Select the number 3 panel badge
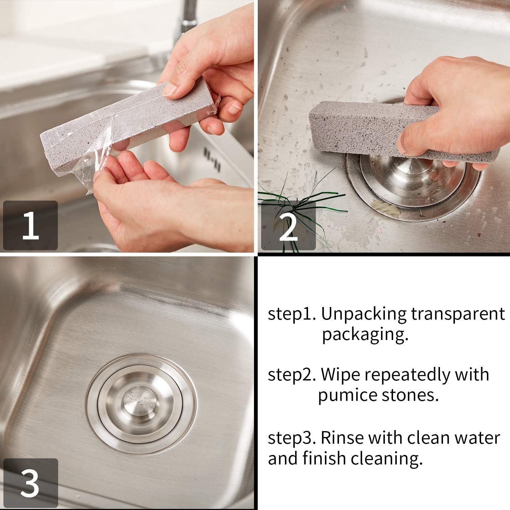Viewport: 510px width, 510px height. [30, 483]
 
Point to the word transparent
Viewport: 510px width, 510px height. [458, 314]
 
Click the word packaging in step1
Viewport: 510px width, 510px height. [365, 335]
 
